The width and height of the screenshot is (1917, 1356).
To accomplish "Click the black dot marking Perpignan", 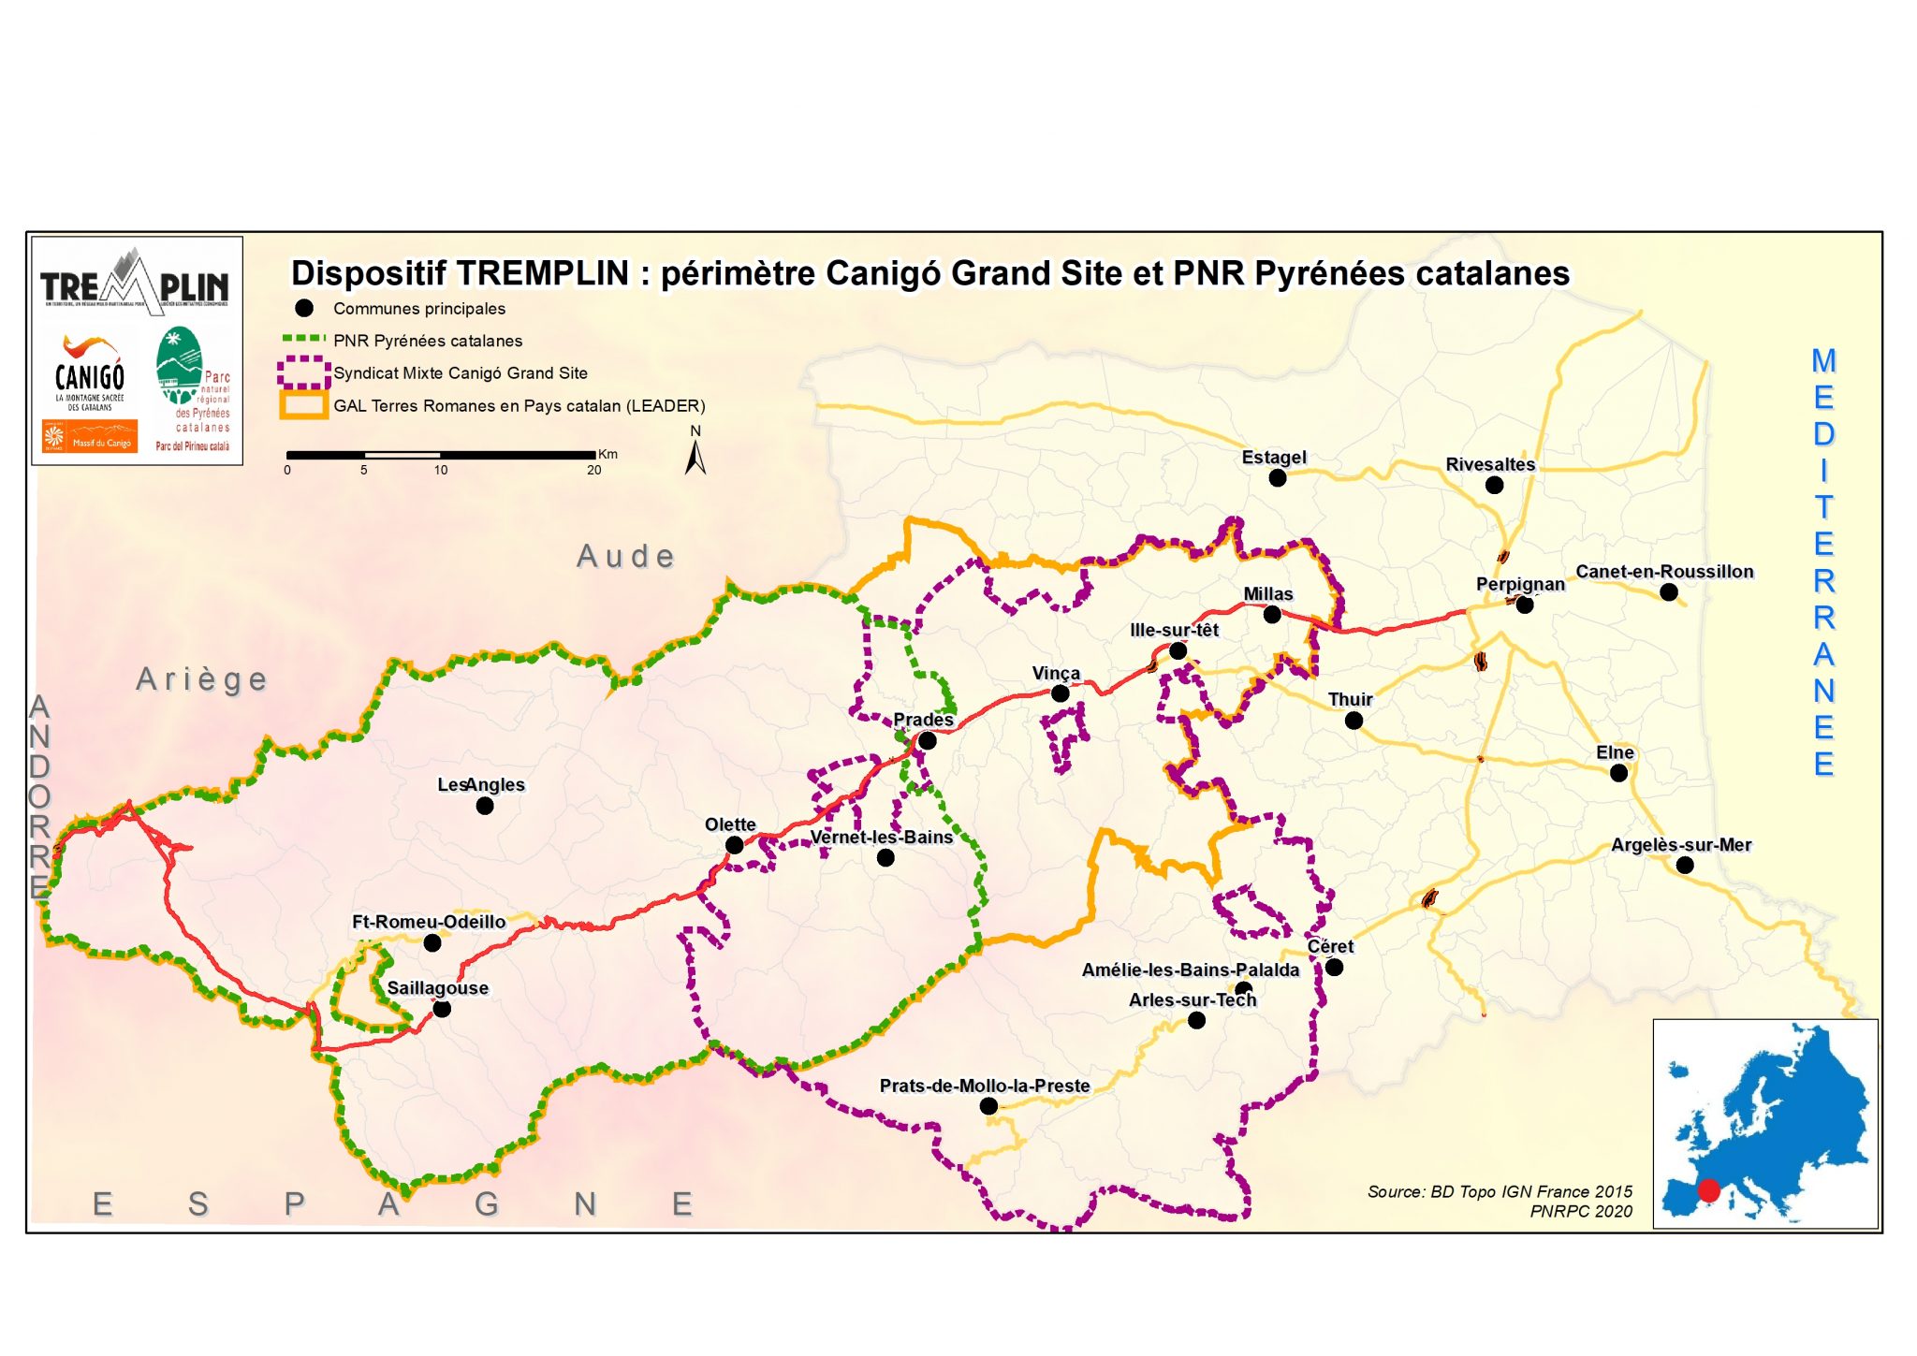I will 1524,605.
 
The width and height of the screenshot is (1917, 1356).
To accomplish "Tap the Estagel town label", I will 1273,458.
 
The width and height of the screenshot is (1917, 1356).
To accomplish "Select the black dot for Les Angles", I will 484,806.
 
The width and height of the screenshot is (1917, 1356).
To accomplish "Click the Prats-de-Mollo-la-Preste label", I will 984,1086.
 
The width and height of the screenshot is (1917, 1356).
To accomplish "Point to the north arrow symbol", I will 695,455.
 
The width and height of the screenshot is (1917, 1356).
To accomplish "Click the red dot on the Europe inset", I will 1708,1190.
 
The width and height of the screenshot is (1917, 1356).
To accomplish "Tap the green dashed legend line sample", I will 303,340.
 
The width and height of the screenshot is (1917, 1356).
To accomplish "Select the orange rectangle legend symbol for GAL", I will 303,405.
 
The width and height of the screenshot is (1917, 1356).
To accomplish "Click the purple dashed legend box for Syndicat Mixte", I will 303,372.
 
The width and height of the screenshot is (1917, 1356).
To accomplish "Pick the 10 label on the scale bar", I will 440,470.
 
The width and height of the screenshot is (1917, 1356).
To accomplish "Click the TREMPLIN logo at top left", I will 136,281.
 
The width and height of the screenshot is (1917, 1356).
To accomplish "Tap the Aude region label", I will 625,556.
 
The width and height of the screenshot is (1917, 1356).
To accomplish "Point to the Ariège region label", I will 201,678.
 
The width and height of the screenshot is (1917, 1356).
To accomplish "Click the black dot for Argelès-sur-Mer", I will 1684,865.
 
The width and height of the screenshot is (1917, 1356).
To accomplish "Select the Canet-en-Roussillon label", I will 1664,572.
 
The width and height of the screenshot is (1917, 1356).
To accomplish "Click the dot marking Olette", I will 734,845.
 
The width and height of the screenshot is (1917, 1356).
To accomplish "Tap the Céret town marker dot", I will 1334,967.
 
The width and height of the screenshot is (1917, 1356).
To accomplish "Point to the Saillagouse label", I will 437,988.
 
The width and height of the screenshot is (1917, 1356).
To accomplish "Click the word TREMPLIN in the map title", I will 543,273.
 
